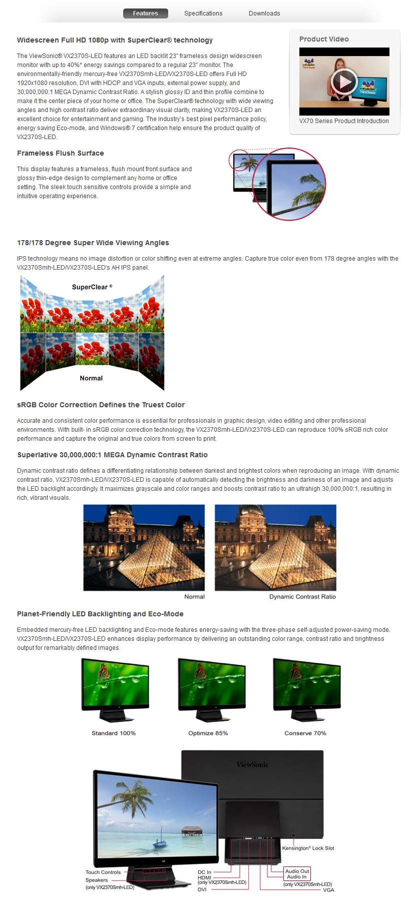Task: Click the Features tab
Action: (x=145, y=14)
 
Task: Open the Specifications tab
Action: (x=203, y=14)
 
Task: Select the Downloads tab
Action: (x=264, y=14)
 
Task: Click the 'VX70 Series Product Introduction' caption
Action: (x=344, y=121)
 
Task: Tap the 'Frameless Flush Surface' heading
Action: (x=61, y=154)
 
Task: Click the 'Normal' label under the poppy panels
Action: (x=91, y=378)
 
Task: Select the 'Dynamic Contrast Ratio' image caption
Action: (x=302, y=597)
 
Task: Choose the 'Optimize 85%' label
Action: (x=208, y=733)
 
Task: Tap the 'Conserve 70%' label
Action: (x=305, y=733)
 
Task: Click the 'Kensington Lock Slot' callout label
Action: (x=308, y=848)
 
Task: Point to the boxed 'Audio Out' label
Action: (x=297, y=871)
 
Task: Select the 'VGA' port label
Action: (x=328, y=890)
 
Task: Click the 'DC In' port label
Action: (x=204, y=872)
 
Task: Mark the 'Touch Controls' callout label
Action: (x=103, y=872)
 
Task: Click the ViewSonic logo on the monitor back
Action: (x=252, y=765)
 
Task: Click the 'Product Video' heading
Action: (x=324, y=40)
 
